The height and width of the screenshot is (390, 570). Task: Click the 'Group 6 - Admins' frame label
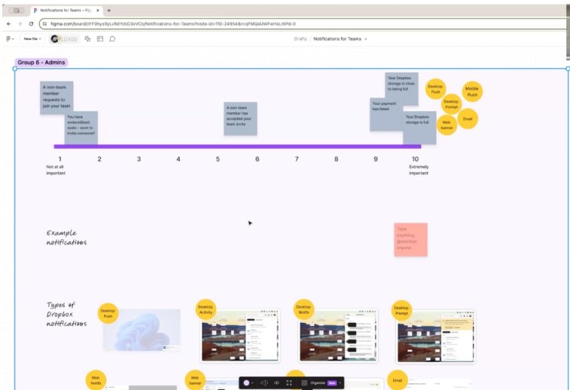[36, 62]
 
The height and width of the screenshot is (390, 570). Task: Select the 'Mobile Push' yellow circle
[472, 92]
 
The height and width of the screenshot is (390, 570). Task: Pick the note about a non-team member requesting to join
[56, 97]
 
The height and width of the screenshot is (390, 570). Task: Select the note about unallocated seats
[81, 126]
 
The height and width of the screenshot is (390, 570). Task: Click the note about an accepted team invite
[240, 118]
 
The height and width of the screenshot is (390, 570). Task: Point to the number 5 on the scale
[218, 159]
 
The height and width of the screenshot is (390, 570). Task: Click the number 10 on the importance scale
[415, 159]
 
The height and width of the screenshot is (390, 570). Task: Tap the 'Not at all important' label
[56, 170]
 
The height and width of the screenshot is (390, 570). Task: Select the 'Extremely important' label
[419, 170]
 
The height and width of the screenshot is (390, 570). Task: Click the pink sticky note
[410, 239]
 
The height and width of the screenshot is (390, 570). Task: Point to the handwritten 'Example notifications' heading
[66, 238]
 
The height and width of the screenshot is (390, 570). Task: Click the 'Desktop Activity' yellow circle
[206, 310]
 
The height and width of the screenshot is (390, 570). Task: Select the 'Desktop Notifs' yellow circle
[303, 309]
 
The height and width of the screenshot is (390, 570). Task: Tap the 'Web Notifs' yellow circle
[96, 381]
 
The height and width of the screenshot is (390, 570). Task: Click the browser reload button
[31, 24]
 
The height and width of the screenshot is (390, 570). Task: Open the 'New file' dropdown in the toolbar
[32, 38]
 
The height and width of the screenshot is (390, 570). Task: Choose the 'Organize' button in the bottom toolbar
[318, 382]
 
